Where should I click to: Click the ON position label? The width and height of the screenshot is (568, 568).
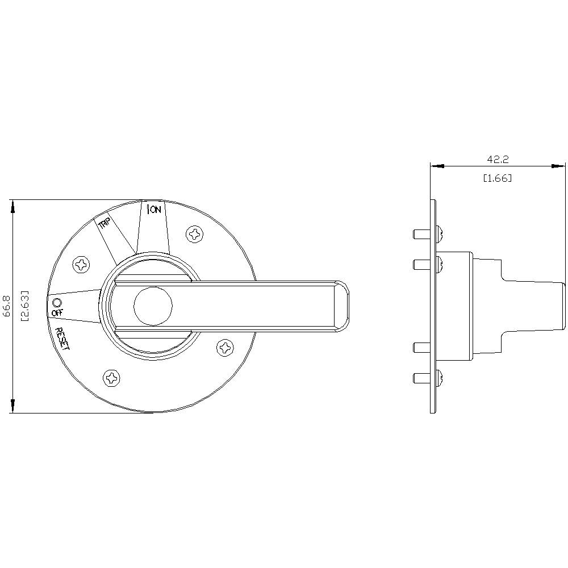click(154, 210)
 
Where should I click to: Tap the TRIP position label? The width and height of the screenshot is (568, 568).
click(105, 224)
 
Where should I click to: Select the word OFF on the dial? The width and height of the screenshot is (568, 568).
click(58, 313)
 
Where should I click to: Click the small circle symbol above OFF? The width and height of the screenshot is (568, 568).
click(56, 302)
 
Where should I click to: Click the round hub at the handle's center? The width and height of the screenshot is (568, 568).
click(153, 305)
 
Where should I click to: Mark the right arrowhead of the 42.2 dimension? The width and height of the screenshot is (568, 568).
click(559, 166)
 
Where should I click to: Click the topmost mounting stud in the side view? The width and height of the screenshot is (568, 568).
click(420, 233)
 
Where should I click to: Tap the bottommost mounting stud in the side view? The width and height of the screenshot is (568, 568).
click(420, 377)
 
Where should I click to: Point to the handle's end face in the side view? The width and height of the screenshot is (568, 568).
click(564, 306)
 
